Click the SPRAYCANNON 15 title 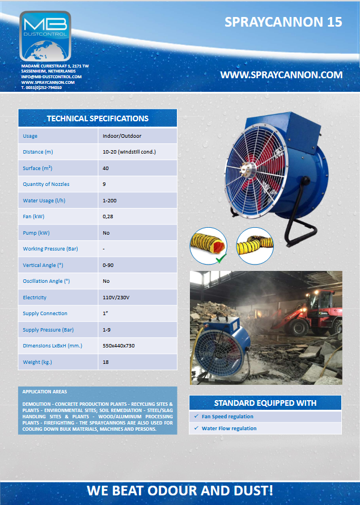click(x=283, y=22)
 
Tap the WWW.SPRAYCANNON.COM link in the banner click(x=281, y=75)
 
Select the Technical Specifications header click(x=98, y=118)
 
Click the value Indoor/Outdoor click(x=122, y=136)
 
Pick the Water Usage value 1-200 click(x=111, y=201)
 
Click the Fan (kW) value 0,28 click(x=108, y=217)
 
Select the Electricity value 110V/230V click(x=116, y=298)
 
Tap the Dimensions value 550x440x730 click(x=118, y=346)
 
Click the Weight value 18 click(x=105, y=362)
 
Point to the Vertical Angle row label click(x=43, y=265)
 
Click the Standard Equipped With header click(x=265, y=403)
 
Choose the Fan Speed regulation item click(x=227, y=417)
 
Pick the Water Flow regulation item click(x=229, y=428)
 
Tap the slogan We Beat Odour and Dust click(x=180, y=491)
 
